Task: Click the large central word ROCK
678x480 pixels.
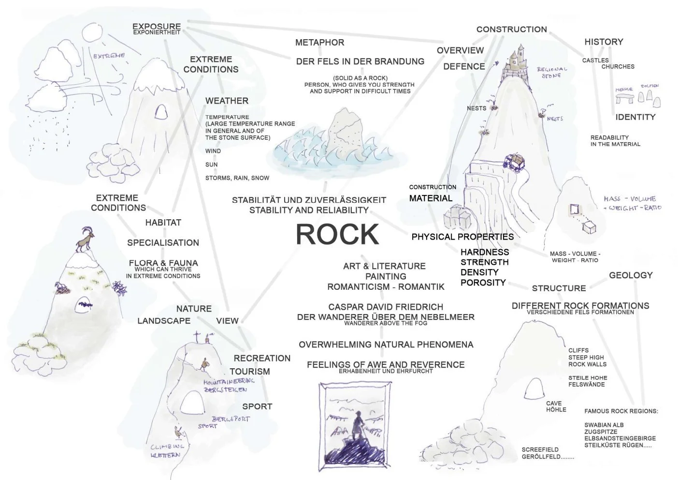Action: (337, 234)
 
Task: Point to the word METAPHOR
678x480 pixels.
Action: (319, 43)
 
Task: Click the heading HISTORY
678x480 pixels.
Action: (604, 42)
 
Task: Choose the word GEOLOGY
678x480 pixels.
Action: (631, 275)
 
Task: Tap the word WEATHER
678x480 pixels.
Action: (227, 101)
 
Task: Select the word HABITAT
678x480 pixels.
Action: (163, 223)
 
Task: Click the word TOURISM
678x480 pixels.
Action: (249, 372)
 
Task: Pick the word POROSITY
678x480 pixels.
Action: (483, 283)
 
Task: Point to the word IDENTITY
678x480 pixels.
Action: (635, 117)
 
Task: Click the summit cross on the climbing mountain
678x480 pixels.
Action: (197, 337)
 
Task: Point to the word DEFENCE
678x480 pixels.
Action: (464, 66)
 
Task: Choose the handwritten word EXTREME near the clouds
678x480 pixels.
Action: (109, 56)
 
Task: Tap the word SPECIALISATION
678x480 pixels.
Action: (163, 243)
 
